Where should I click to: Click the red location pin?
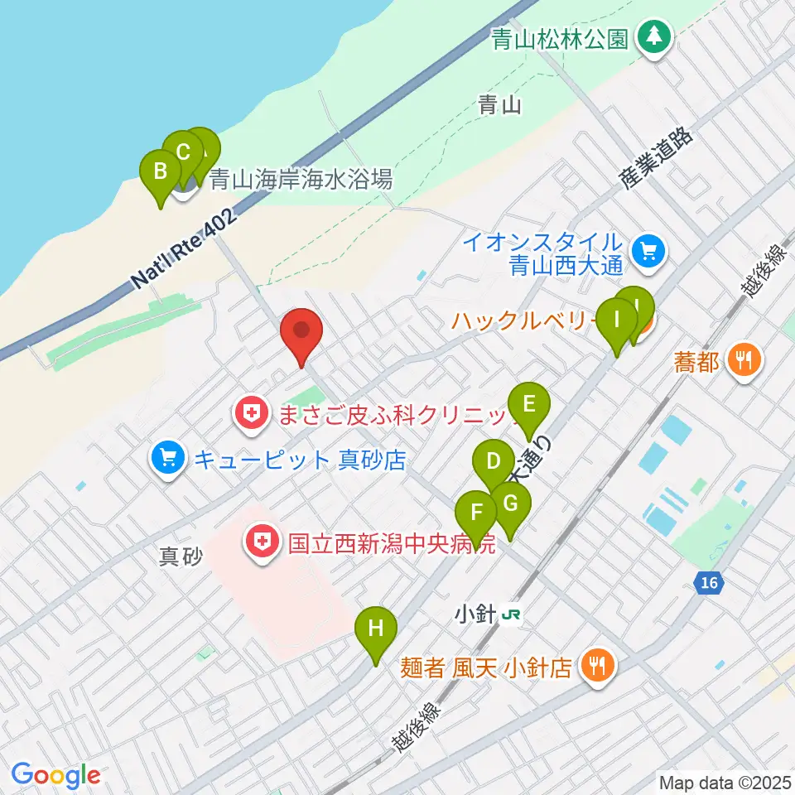[x=301, y=334]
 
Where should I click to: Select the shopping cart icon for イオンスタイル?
[x=647, y=251]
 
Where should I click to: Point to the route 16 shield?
[x=707, y=584]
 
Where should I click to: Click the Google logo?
[x=55, y=775]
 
